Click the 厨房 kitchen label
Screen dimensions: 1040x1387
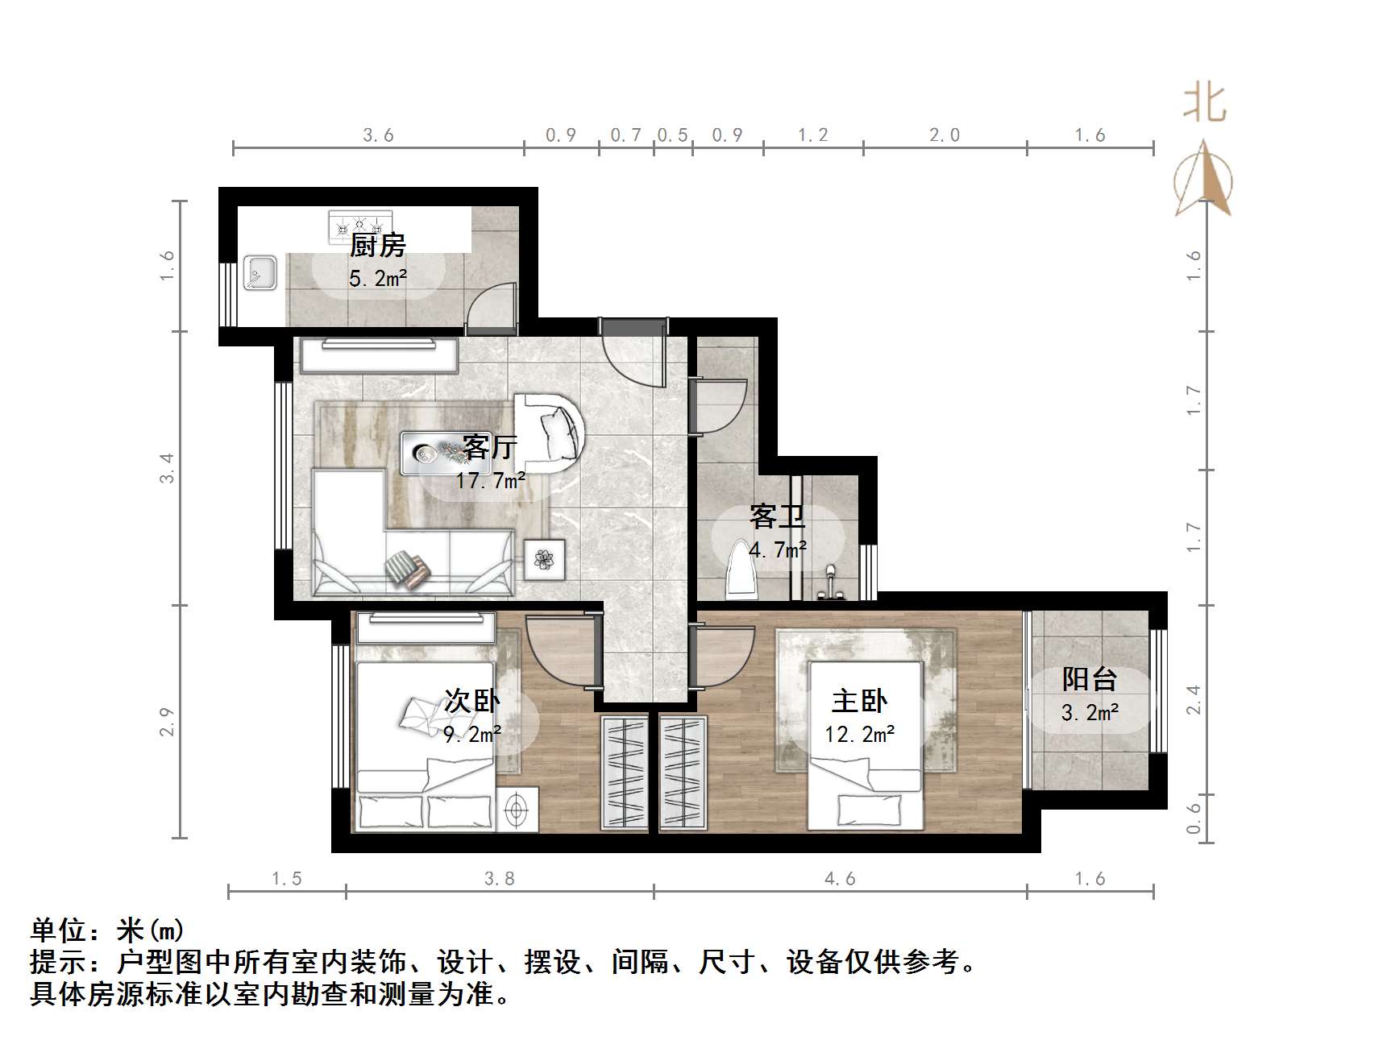[x=377, y=245]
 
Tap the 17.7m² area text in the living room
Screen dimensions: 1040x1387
[x=490, y=482]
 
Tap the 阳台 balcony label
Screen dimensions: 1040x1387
[x=1089, y=679]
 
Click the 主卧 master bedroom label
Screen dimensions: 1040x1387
[x=859, y=701]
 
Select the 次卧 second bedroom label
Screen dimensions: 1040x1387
[x=472, y=701]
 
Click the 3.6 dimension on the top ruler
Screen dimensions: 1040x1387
[x=378, y=135]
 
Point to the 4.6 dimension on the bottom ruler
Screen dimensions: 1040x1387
[x=840, y=879]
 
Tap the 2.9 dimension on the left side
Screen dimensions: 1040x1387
[x=167, y=722]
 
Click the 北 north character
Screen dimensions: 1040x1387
[x=1204, y=105]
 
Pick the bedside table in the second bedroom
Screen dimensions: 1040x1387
[x=516, y=807]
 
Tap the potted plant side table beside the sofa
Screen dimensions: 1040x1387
[x=545, y=558]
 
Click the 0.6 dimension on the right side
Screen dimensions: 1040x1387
[x=1194, y=816]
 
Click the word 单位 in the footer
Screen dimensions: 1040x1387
[x=58, y=930]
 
